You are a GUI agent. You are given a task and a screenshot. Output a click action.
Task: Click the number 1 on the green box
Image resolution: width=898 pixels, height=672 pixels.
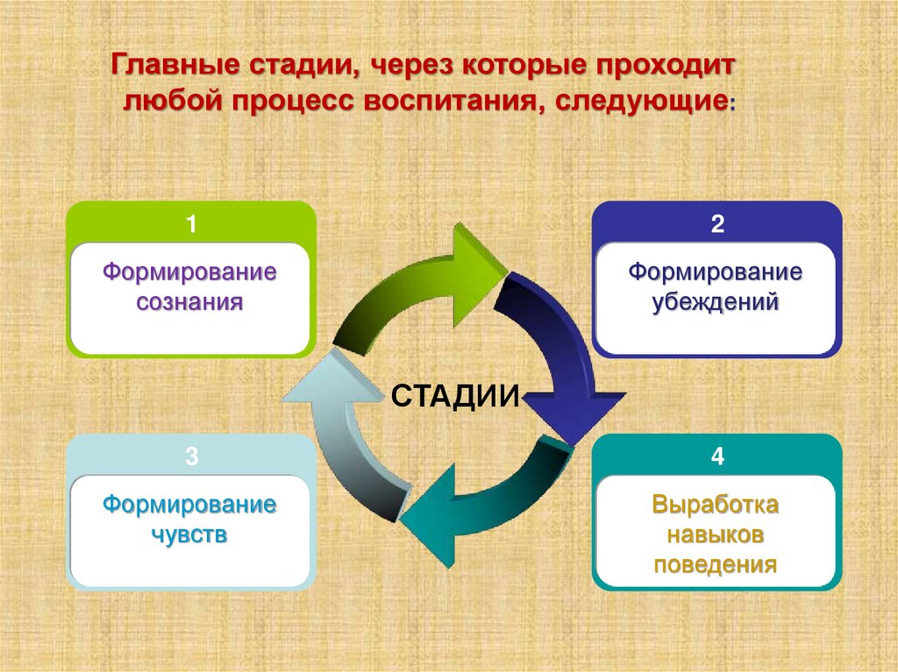pyautogui.click(x=190, y=224)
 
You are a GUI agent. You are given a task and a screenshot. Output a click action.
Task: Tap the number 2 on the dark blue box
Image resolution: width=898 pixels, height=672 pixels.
pyautogui.click(x=716, y=224)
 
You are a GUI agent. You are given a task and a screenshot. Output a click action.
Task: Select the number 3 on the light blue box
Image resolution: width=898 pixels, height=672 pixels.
pyautogui.click(x=190, y=456)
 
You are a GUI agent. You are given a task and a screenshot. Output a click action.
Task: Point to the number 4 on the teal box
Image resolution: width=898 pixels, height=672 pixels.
pyautogui.click(x=716, y=456)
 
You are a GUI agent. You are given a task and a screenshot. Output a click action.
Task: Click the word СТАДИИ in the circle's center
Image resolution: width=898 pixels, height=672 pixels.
pyautogui.click(x=455, y=395)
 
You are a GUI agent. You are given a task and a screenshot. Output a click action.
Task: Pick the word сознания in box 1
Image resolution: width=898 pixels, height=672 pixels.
pyautogui.click(x=189, y=304)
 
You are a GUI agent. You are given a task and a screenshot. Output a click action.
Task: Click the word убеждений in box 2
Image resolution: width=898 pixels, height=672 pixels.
pyautogui.click(x=715, y=304)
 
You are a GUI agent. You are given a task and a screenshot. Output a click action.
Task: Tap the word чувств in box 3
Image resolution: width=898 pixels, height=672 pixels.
pyautogui.click(x=189, y=534)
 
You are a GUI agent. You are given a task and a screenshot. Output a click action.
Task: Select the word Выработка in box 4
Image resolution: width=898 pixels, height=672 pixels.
pyautogui.click(x=715, y=506)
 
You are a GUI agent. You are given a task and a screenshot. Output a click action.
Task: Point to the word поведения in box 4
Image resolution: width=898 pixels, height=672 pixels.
pyautogui.click(x=715, y=563)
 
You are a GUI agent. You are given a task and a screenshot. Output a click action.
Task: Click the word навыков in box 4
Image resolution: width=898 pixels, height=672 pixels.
pyautogui.click(x=715, y=534)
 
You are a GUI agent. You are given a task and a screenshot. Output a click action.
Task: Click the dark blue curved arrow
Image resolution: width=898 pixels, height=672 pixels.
pyautogui.click(x=561, y=350)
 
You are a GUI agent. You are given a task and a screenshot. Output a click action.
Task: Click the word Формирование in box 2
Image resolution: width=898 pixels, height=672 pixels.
pyautogui.click(x=715, y=272)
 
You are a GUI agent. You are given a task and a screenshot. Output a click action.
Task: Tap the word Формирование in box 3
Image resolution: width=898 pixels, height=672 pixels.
pyautogui.click(x=189, y=506)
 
